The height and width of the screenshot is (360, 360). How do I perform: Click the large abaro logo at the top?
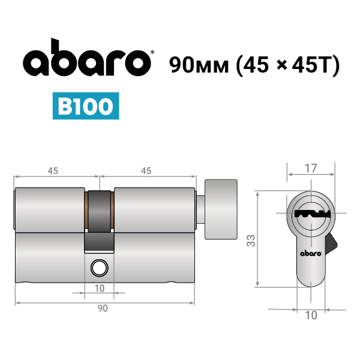point(87,58)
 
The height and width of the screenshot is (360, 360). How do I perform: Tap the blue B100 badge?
point(86,106)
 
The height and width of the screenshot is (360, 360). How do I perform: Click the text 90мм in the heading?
point(199,65)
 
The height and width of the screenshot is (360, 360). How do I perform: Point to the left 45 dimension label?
point(53,171)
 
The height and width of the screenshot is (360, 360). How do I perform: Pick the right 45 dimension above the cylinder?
point(146,171)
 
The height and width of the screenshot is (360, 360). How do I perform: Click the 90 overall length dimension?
point(103,308)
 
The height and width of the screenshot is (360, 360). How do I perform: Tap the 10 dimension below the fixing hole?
point(100,289)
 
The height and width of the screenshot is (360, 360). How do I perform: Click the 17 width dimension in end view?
point(311,168)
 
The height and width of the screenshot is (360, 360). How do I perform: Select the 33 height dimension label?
point(251,241)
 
